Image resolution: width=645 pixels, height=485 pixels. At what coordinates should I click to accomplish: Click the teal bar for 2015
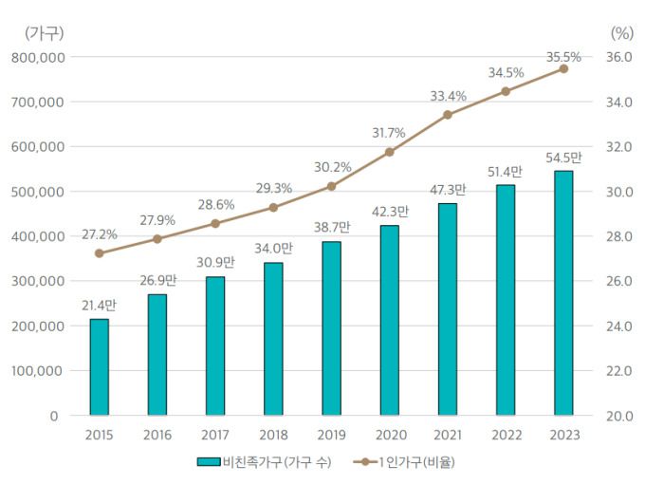pos(100,366)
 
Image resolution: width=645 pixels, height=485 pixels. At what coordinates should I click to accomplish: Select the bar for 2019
pos(331,328)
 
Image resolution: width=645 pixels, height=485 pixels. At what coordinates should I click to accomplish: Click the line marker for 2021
pos(448,115)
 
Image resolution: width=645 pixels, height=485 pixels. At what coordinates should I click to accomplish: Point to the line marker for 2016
pos(157,239)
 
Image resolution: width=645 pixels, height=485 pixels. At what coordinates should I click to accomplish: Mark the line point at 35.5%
pos(563,68)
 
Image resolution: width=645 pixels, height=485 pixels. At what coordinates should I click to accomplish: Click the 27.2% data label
pos(100,233)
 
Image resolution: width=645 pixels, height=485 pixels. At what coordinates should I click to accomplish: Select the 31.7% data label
pos(389,132)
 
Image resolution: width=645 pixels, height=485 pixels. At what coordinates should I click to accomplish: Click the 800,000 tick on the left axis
pos(39,57)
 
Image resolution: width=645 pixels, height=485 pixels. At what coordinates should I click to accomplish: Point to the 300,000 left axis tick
pos(39,281)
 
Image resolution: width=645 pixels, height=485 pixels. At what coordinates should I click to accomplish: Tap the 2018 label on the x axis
pos(273,435)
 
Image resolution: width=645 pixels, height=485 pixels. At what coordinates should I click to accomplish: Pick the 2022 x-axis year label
pos(505,435)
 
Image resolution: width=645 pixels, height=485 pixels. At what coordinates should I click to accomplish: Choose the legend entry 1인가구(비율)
pos(402,462)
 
